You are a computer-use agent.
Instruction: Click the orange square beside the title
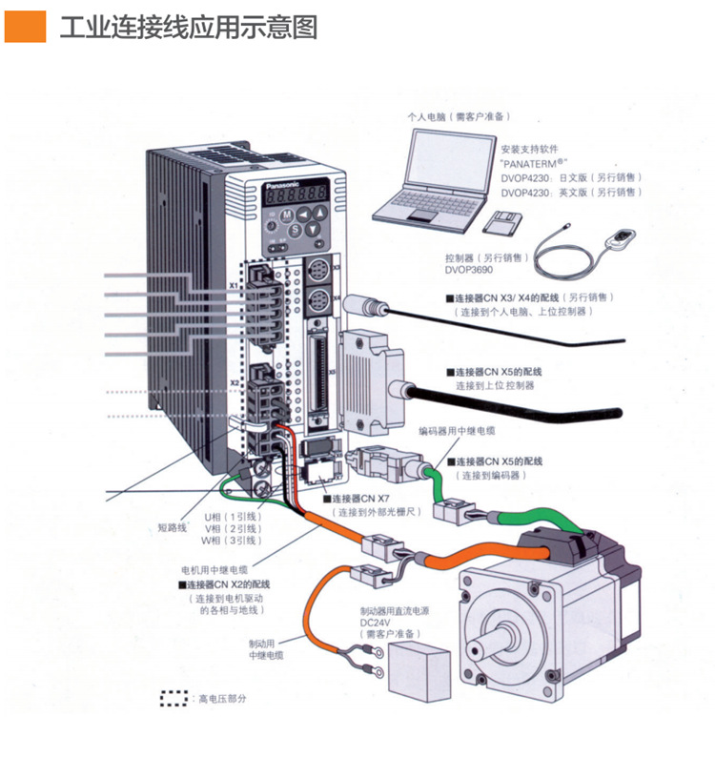coord(26,26)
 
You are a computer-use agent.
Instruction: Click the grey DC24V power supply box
coord(416,662)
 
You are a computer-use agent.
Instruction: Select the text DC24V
coord(375,622)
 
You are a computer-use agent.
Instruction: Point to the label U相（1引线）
coord(227,516)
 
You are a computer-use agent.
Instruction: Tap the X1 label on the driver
coord(233,285)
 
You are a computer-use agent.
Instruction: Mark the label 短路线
coord(173,526)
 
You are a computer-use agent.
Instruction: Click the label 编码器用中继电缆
coord(457,431)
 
